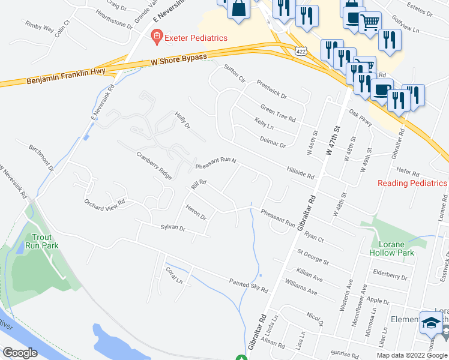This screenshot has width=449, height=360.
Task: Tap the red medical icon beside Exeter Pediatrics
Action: tap(156, 37)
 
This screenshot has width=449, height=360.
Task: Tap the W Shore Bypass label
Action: tap(178, 59)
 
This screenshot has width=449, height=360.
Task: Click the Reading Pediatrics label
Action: tap(412, 183)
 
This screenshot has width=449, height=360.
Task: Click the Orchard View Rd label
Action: tap(104, 202)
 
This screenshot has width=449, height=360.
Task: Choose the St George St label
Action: tap(312, 258)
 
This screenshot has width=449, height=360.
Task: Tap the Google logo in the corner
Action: tap(20, 353)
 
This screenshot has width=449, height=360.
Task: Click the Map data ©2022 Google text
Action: tap(412, 355)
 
